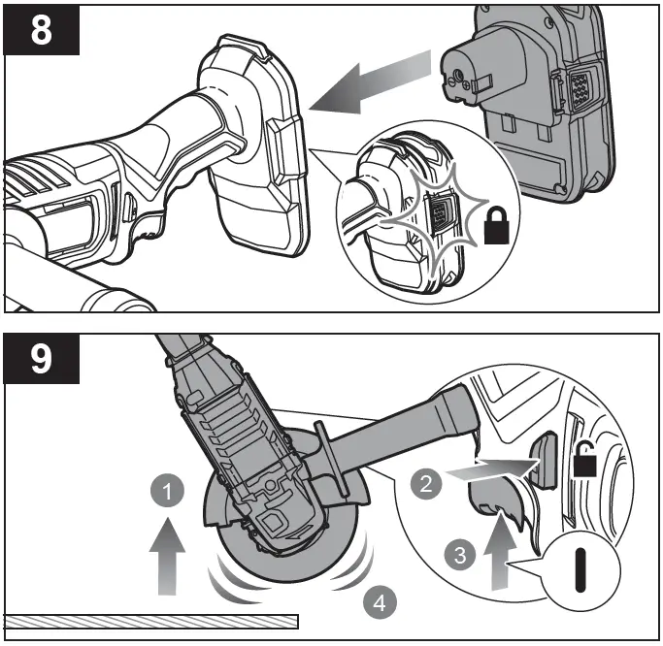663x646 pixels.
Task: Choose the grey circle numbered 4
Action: (380, 602)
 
